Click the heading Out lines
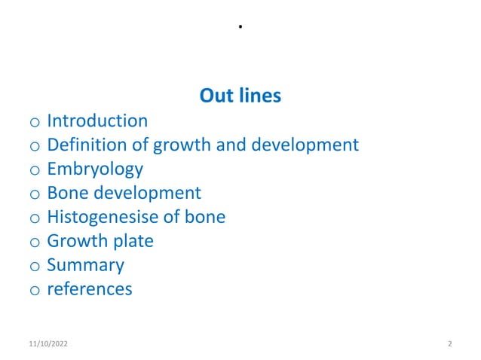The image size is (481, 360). (x=240, y=96)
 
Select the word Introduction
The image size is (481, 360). (x=97, y=121)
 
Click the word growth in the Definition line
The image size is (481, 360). (x=176, y=145)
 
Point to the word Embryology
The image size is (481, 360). (x=95, y=169)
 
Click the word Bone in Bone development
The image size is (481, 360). (x=66, y=194)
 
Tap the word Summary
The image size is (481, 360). (x=85, y=266)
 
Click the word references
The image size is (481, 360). (x=89, y=289)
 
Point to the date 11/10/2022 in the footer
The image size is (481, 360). (x=46, y=344)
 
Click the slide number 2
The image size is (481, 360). (x=449, y=344)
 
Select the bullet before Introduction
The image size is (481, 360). (x=34, y=122)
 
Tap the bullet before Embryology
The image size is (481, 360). (x=34, y=170)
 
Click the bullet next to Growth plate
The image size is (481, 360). (x=34, y=243)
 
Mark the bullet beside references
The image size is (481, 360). (x=34, y=290)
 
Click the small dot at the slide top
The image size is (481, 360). (x=240, y=27)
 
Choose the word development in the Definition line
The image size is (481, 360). (x=308, y=145)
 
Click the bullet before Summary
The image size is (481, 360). (x=34, y=267)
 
